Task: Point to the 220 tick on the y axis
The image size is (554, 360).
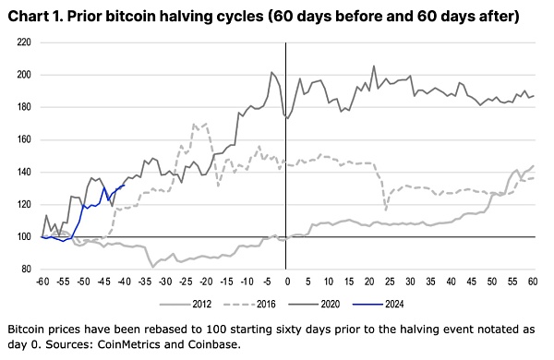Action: pos(24,42)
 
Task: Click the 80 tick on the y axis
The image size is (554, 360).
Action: pos(27,270)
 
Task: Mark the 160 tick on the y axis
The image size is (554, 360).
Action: pos(24,139)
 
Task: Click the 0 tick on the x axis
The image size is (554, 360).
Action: pos(286,280)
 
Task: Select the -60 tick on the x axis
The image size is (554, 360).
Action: pos(42,280)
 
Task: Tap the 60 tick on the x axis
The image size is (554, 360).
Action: pos(533,280)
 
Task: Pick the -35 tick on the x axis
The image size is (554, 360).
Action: pos(144,280)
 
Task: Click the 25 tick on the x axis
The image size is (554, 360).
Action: pos(390,280)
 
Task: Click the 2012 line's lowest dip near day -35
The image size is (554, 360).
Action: pos(153,267)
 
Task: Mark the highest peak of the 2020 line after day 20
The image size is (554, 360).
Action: pos(373,66)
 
